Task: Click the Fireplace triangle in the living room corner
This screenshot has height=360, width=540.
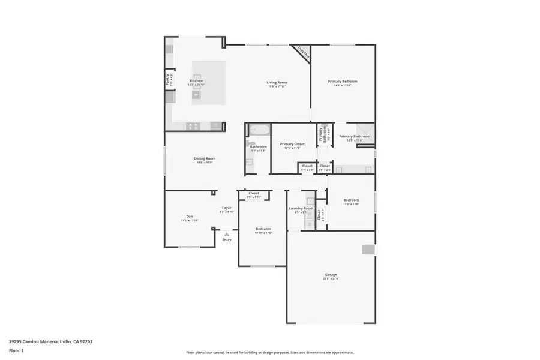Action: click(x=302, y=52)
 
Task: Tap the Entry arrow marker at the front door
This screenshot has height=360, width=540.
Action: click(x=226, y=235)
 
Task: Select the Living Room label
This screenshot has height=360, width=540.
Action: click(x=277, y=82)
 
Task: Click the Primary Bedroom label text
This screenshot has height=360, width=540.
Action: click(x=343, y=81)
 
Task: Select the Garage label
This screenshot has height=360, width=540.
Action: click(x=331, y=274)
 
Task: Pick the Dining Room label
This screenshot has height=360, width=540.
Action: click(x=205, y=158)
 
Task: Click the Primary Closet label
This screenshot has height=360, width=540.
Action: click(x=292, y=144)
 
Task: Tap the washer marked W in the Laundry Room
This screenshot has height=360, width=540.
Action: click(x=310, y=201)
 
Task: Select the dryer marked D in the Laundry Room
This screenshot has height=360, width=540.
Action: click(x=310, y=224)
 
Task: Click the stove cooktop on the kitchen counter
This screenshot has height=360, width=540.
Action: click(x=193, y=125)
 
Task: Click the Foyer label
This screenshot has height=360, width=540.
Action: click(x=226, y=208)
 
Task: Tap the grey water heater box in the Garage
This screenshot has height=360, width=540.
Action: click(x=368, y=250)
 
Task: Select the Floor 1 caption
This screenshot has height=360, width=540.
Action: click(x=16, y=350)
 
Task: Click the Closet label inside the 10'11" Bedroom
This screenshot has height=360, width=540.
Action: click(x=253, y=193)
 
